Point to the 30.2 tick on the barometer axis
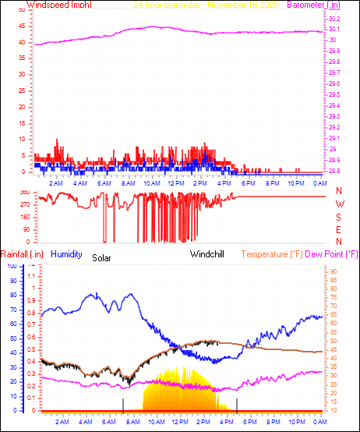click(x=334, y=18)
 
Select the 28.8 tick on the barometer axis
click(x=334, y=170)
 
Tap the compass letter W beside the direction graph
click(x=339, y=204)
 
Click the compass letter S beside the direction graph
click(x=339, y=217)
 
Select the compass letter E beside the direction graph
click(x=339, y=230)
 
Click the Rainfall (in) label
click(x=22, y=254)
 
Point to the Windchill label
click(x=209, y=254)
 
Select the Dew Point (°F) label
click(x=334, y=254)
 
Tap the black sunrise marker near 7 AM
click(x=123, y=404)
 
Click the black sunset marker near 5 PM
click(x=237, y=404)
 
